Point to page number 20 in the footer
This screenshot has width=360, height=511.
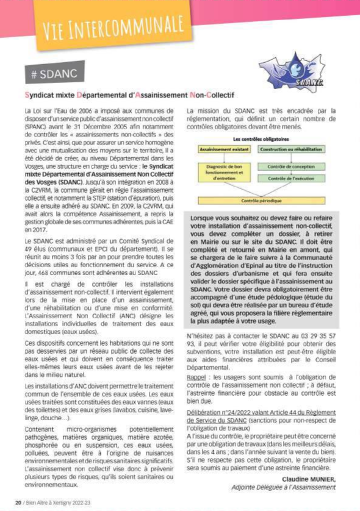[18, 502]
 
